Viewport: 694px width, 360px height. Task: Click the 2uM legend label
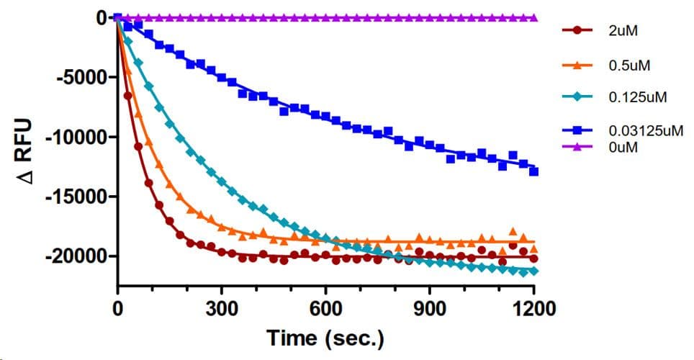click(621, 31)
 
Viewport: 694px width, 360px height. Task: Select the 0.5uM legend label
click(626, 66)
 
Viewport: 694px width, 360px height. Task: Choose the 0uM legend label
click(621, 147)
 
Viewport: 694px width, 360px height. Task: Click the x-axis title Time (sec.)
click(325, 338)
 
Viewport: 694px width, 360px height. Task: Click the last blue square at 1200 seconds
click(533, 171)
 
